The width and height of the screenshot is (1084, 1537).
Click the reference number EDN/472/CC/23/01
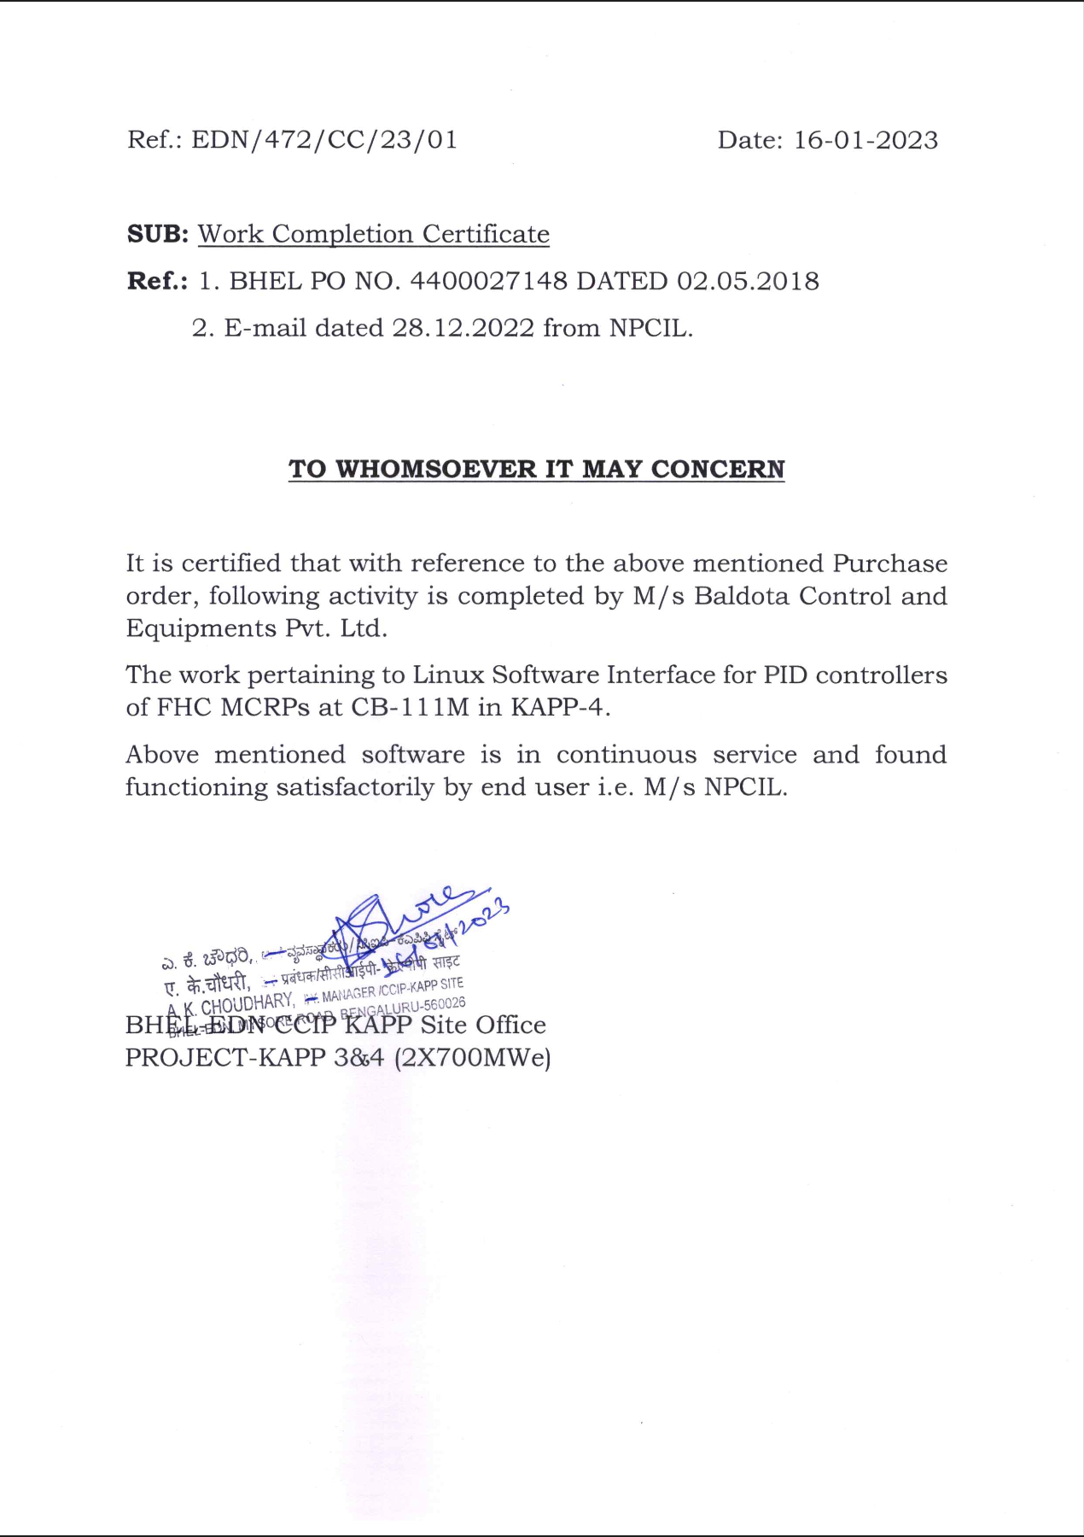pyautogui.click(x=324, y=140)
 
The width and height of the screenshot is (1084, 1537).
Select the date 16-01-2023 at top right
pyautogui.click(x=865, y=140)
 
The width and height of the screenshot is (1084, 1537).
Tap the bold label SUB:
pyautogui.click(x=157, y=234)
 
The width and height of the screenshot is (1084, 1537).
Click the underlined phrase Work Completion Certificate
pyautogui.click(x=374, y=234)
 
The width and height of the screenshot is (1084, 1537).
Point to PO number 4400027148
pyautogui.click(x=488, y=281)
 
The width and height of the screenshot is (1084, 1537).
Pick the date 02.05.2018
pyautogui.click(x=748, y=281)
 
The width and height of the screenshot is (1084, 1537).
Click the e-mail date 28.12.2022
pyautogui.click(x=463, y=328)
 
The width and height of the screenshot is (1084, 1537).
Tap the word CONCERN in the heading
pyautogui.click(x=717, y=470)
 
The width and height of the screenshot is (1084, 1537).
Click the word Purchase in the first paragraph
pyautogui.click(x=889, y=564)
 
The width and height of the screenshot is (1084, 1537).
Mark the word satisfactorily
pyautogui.click(x=355, y=787)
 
